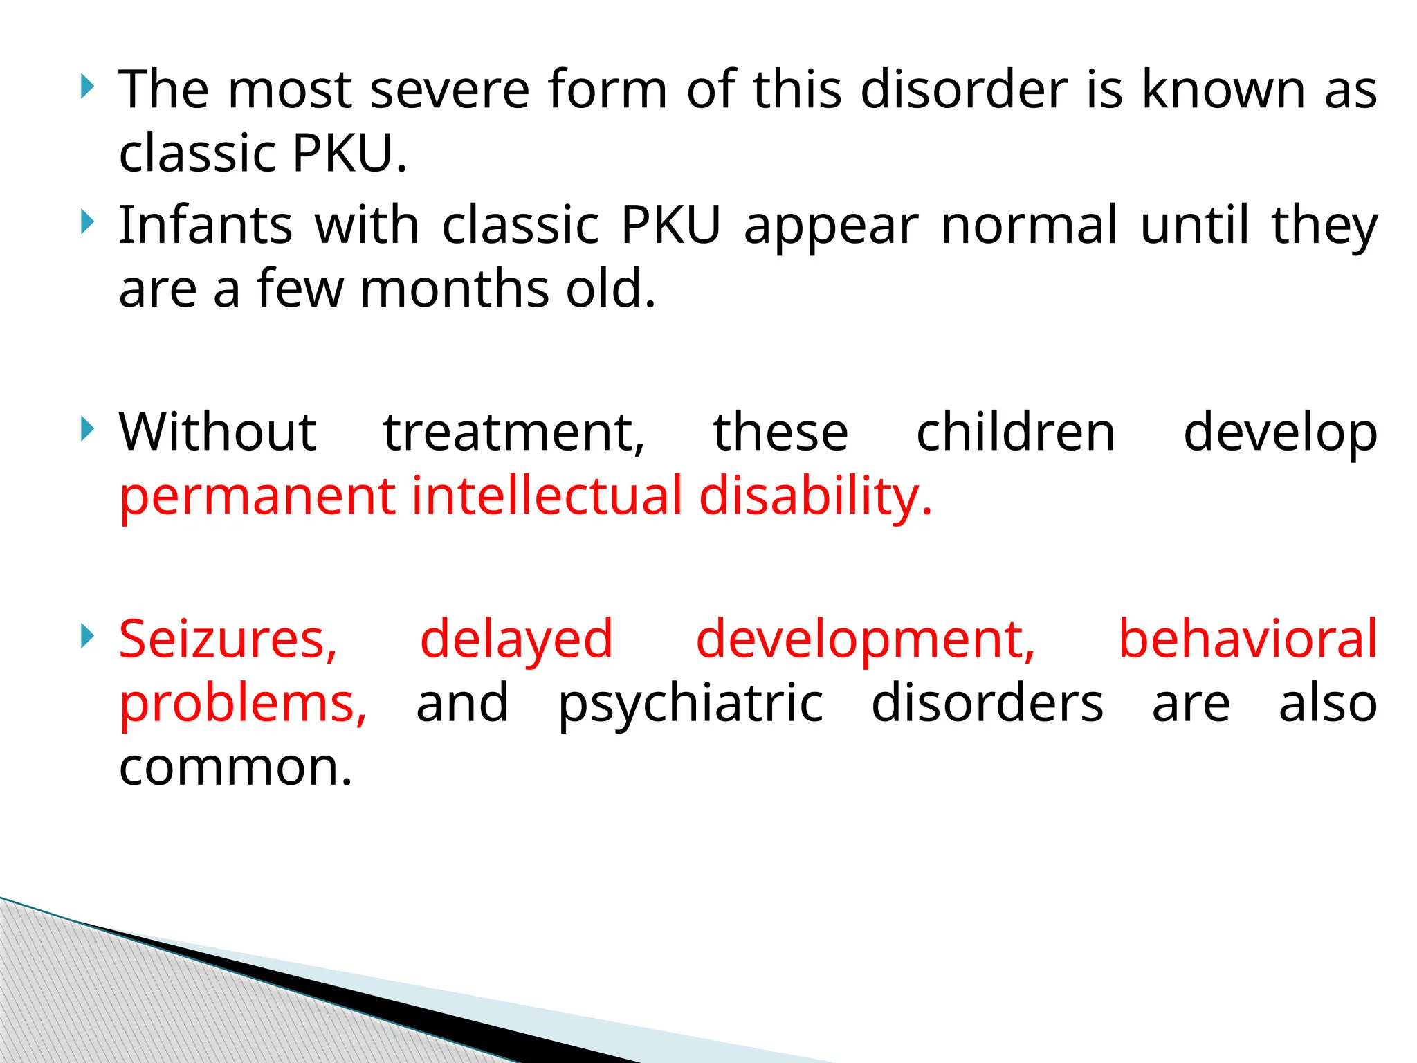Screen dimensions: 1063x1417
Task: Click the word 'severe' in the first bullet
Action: tap(449, 90)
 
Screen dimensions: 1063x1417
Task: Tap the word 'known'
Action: tap(1223, 90)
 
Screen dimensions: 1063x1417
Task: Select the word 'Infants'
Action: tap(205, 226)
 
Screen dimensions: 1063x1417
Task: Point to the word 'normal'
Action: tap(1029, 226)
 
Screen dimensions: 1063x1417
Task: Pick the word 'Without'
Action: tap(217, 433)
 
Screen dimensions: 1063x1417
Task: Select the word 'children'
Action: tap(1015, 433)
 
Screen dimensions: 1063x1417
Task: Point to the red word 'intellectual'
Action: tap(547, 496)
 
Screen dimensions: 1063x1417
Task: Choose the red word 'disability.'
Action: tap(815, 498)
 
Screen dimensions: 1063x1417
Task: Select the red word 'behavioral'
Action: tap(1247, 639)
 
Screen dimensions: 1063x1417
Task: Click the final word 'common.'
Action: tap(236, 768)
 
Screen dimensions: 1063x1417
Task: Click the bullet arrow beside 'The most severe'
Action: tap(86, 87)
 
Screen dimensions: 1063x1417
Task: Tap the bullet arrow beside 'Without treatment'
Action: tap(86, 430)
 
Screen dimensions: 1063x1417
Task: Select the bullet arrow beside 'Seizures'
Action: tap(86, 636)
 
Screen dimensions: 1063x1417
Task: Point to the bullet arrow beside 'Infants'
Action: tap(86, 223)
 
